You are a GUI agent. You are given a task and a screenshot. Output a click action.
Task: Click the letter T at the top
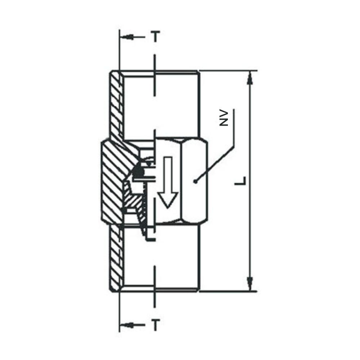155,37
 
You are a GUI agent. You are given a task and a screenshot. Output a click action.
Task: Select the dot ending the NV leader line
195,182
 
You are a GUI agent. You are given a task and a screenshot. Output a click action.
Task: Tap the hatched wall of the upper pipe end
116,104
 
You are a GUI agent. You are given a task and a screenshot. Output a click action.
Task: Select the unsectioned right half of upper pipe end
176,104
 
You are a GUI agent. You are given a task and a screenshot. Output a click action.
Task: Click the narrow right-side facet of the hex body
202,182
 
